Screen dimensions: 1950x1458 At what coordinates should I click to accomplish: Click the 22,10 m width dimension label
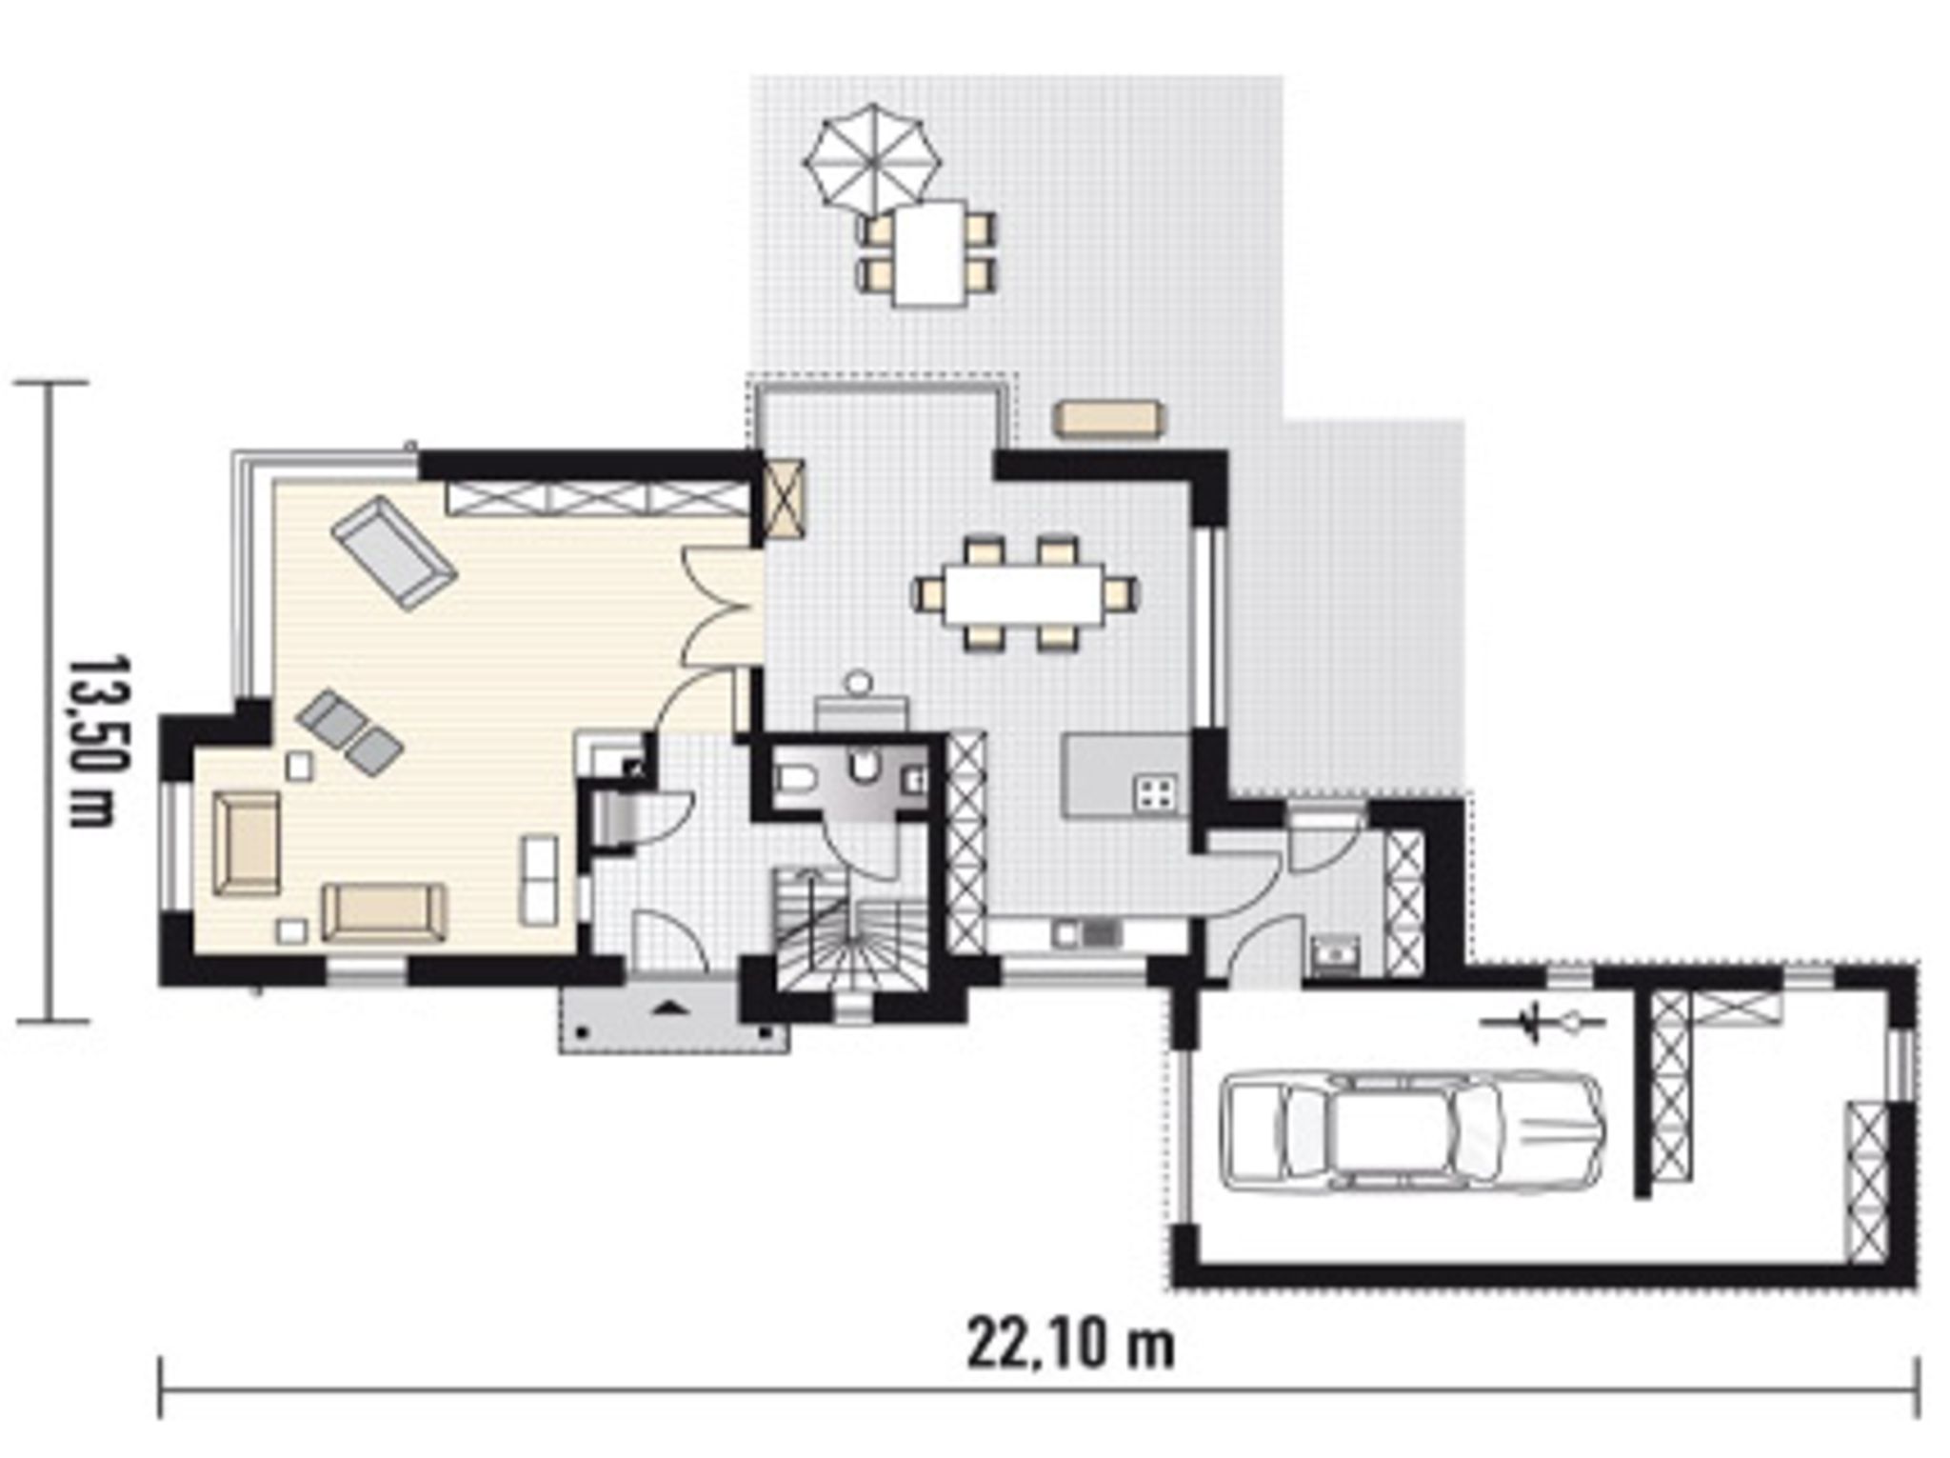[1070, 1346]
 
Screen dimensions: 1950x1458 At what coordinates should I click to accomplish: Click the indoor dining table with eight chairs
[1025, 594]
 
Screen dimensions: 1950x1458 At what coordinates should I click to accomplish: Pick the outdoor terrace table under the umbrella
[929, 252]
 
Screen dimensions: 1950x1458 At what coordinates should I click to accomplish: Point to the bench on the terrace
[1109, 419]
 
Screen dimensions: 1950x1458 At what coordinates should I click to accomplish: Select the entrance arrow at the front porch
[673, 1005]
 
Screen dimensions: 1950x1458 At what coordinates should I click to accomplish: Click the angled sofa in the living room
[394, 552]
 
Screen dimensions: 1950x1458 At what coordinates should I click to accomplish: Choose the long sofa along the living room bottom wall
[384, 911]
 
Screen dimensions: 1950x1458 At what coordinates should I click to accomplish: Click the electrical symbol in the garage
[1543, 1024]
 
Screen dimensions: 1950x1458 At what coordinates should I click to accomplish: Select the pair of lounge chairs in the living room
[349, 731]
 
